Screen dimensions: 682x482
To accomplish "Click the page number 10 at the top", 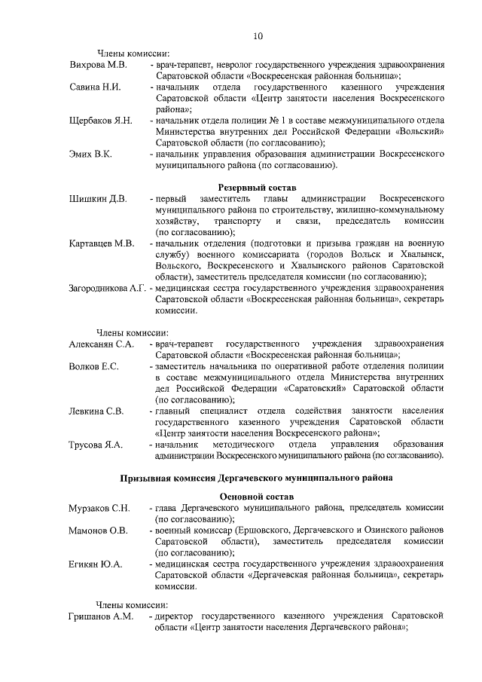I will (x=258, y=35).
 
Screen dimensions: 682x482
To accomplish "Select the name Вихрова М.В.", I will (x=98, y=66).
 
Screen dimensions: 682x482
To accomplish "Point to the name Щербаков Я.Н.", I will (x=101, y=121).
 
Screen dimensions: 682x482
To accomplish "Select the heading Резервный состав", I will (x=258, y=186).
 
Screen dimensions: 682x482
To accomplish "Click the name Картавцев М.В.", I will (x=102, y=243).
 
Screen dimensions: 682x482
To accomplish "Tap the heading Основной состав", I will (x=258, y=497).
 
